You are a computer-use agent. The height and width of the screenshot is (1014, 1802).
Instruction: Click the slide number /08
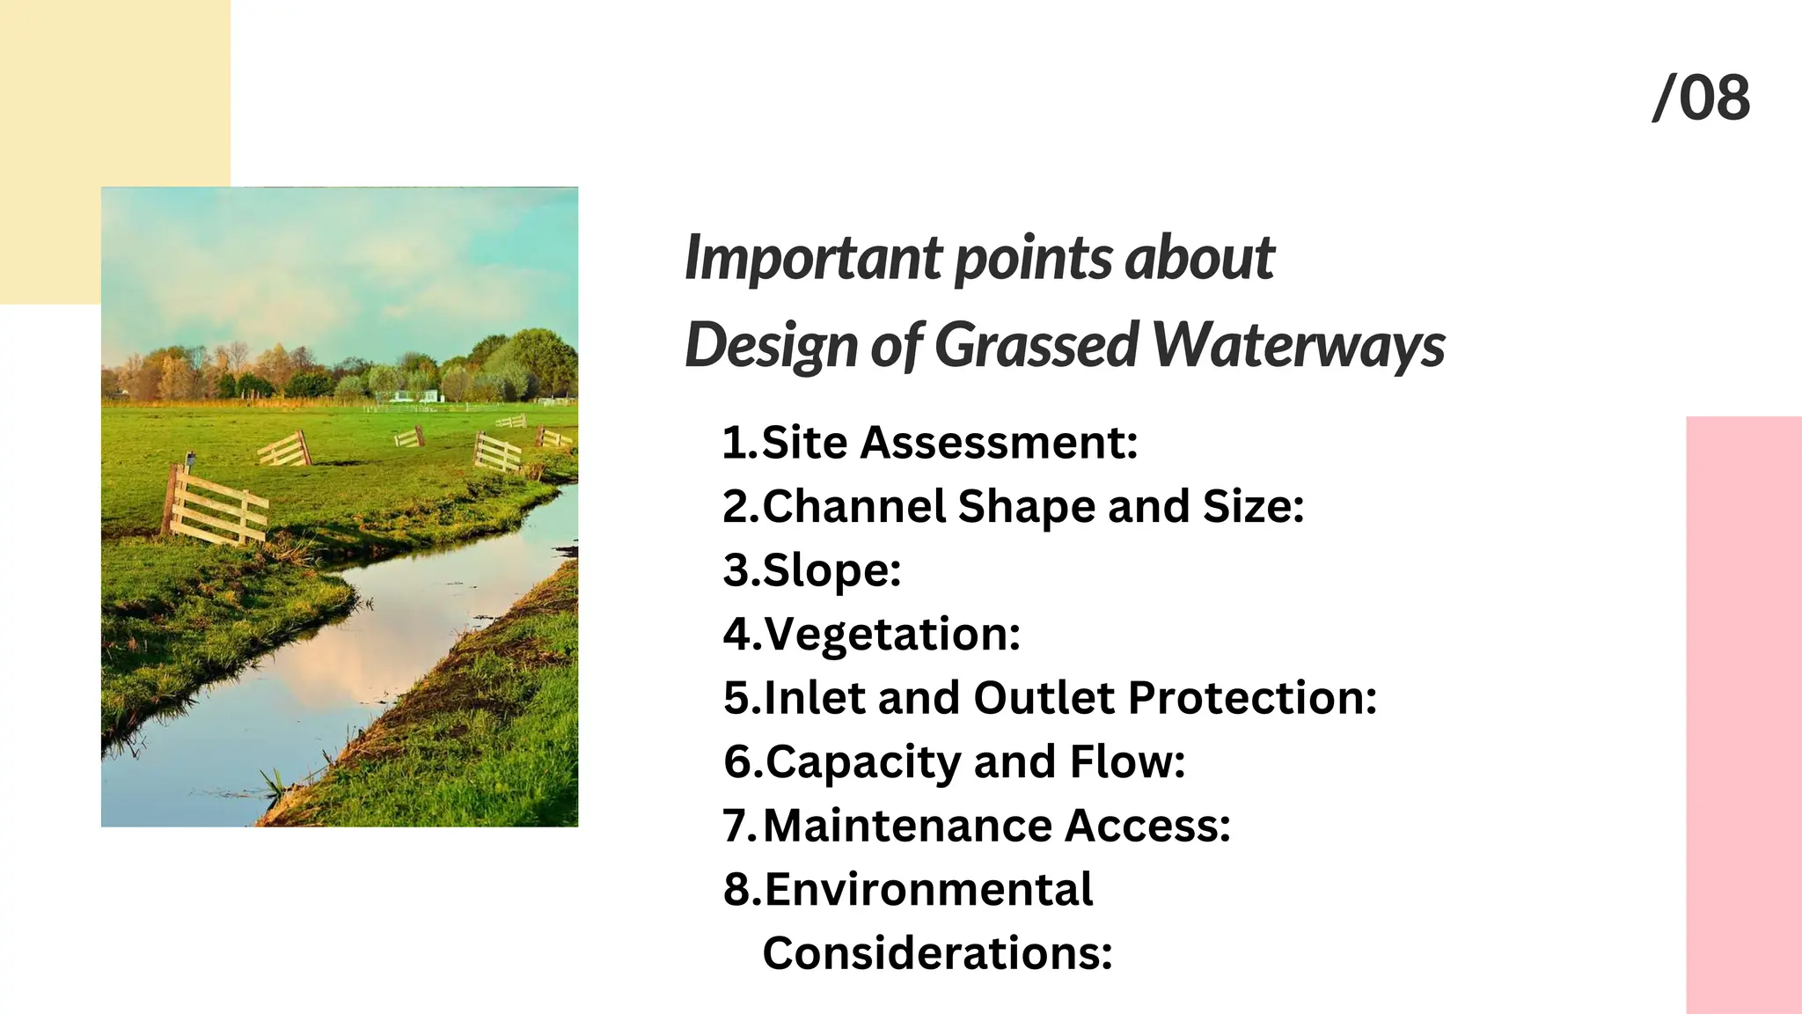[1701, 98]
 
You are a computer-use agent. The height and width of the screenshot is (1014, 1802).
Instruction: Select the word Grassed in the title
[1037, 344]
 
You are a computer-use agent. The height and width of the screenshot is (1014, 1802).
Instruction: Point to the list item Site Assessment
[949, 442]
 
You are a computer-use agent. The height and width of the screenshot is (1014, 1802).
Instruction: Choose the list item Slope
[831, 570]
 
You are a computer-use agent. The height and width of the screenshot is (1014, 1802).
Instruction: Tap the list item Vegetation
[891, 634]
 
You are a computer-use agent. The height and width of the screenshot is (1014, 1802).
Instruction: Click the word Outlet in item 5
[1044, 698]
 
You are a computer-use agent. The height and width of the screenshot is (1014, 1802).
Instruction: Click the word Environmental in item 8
[928, 890]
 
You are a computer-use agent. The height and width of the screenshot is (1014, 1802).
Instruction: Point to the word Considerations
[937, 953]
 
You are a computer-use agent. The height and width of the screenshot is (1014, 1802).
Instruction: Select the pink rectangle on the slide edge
[1743, 713]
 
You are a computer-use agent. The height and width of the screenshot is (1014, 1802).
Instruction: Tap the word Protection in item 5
[1251, 698]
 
